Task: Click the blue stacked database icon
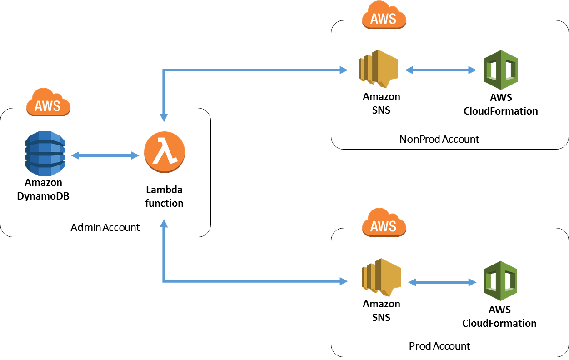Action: (x=45, y=154)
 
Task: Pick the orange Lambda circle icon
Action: (x=165, y=152)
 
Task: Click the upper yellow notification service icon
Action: (x=378, y=69)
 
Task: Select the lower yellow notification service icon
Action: (x=381, y=277)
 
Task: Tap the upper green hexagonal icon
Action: (x=501, y=70)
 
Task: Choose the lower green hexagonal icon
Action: (x=500, y=281)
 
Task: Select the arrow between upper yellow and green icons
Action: (x=440, y=70)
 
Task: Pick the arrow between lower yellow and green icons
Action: (x=442, y=282)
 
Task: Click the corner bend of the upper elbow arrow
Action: (x=164, y=70)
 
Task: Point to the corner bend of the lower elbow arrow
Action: (x=164, y=281)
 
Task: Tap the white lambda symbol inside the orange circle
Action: (x=165, y=152)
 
